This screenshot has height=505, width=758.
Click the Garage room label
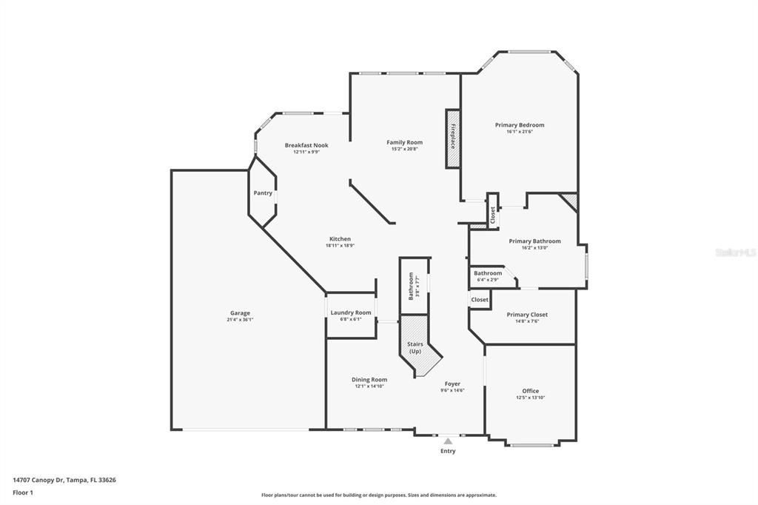[239, 313]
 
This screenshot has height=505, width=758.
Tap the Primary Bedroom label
[519, 125]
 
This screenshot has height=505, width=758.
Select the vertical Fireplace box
[452, 138]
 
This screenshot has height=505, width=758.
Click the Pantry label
[263, 193]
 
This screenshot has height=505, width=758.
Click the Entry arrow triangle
[448, 441]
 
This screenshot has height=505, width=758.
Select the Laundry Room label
[351, 312]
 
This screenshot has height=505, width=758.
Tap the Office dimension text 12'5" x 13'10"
[530, 398]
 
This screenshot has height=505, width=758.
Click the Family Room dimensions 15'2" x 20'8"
[404, 149]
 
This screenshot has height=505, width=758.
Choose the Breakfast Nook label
[306, 145]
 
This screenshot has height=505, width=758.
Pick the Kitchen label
[340, 238]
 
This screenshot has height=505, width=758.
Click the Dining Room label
[369, 380]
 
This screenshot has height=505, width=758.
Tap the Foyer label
[452, 384]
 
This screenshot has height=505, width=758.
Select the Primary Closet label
[527, 315]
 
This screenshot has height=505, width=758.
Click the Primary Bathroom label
[534, 241]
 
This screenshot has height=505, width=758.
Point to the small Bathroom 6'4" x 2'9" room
[489, 276]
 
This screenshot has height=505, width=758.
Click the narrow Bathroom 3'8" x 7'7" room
[414, 286]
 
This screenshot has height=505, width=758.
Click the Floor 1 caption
[23, 492]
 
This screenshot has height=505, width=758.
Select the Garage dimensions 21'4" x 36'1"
[239, 320]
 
